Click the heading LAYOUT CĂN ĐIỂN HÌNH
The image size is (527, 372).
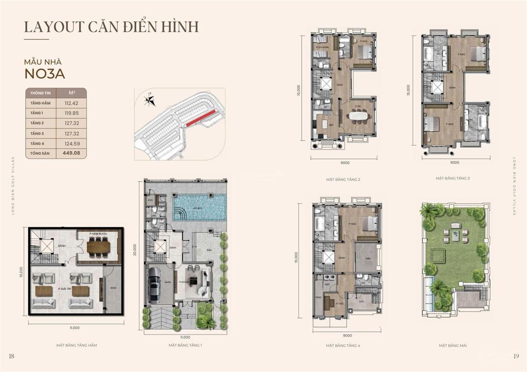(111, 26)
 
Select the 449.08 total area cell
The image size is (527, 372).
(73, 153)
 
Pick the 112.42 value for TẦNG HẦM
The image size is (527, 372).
(73, 103)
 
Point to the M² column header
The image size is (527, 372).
(73, 93)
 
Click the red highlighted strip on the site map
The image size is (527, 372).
(201, 118)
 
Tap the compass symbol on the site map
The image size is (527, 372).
(149, 100)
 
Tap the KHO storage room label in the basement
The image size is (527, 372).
(113, 288)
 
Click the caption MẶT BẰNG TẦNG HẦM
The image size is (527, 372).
(76, 345)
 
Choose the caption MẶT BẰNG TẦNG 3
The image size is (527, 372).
(453, 178)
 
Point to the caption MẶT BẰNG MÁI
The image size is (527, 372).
(453, 346)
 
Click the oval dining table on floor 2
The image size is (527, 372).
(358, 115)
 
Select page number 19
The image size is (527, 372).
(516, 356)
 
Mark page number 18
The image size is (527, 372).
(11, 356)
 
